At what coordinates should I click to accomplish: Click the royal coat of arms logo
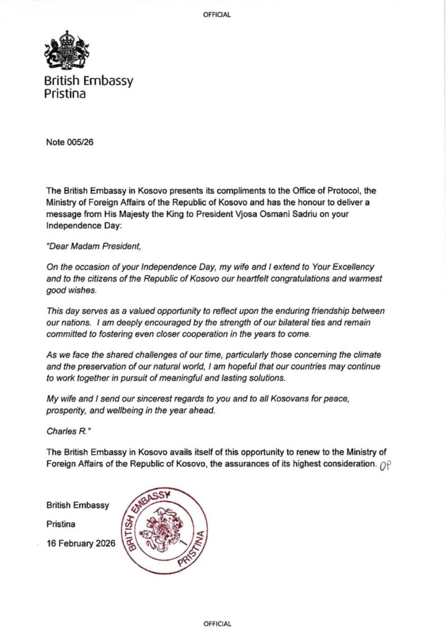(66, 50)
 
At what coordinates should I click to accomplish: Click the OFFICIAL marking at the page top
(217, 15)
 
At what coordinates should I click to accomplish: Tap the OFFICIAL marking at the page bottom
(217, 623)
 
